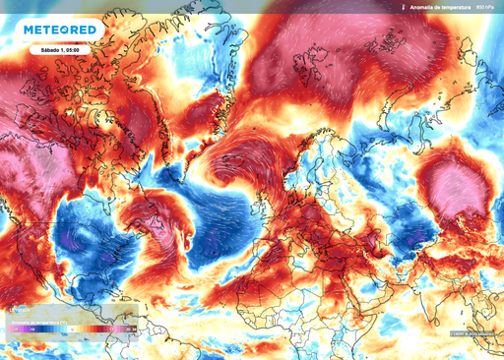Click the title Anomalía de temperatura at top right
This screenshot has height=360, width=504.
pyautogui.click(x=439, y=7)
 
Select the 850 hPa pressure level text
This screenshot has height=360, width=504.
pyautogui.click(x=485, y=7)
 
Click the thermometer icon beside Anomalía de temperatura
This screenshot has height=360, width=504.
pyautogui.click(x=404, y=7)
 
